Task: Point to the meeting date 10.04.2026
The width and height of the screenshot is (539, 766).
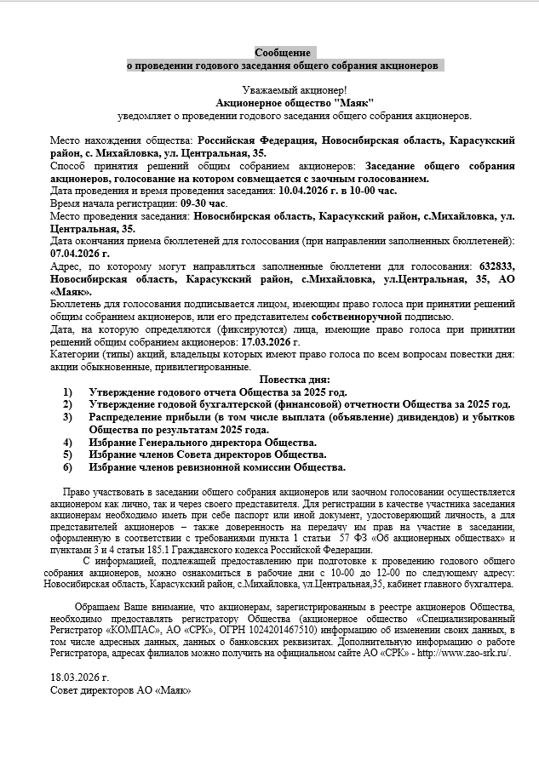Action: pos(307,192)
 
